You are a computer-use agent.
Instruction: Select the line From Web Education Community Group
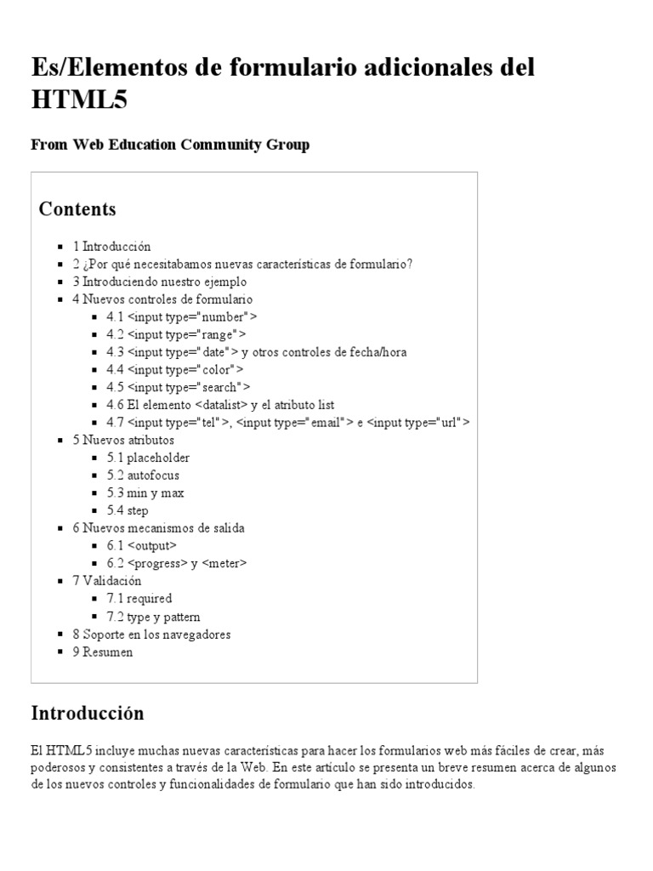(x=170, y=145)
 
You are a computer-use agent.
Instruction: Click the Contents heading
(x=77, y=209)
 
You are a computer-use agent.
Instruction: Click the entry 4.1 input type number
(x=181, y=316)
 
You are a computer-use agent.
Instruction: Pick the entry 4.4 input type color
(x=174, y=369)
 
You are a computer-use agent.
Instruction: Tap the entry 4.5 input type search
(x=178, y=387)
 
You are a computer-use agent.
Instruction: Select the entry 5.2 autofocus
(x=143, y=475)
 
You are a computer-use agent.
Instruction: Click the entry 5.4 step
(x=128, y=511)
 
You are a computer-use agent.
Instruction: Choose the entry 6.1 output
(x=141, y=545)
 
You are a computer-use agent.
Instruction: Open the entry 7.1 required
(x=139, y=599)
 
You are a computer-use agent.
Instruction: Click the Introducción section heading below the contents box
(x=88, y=714)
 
